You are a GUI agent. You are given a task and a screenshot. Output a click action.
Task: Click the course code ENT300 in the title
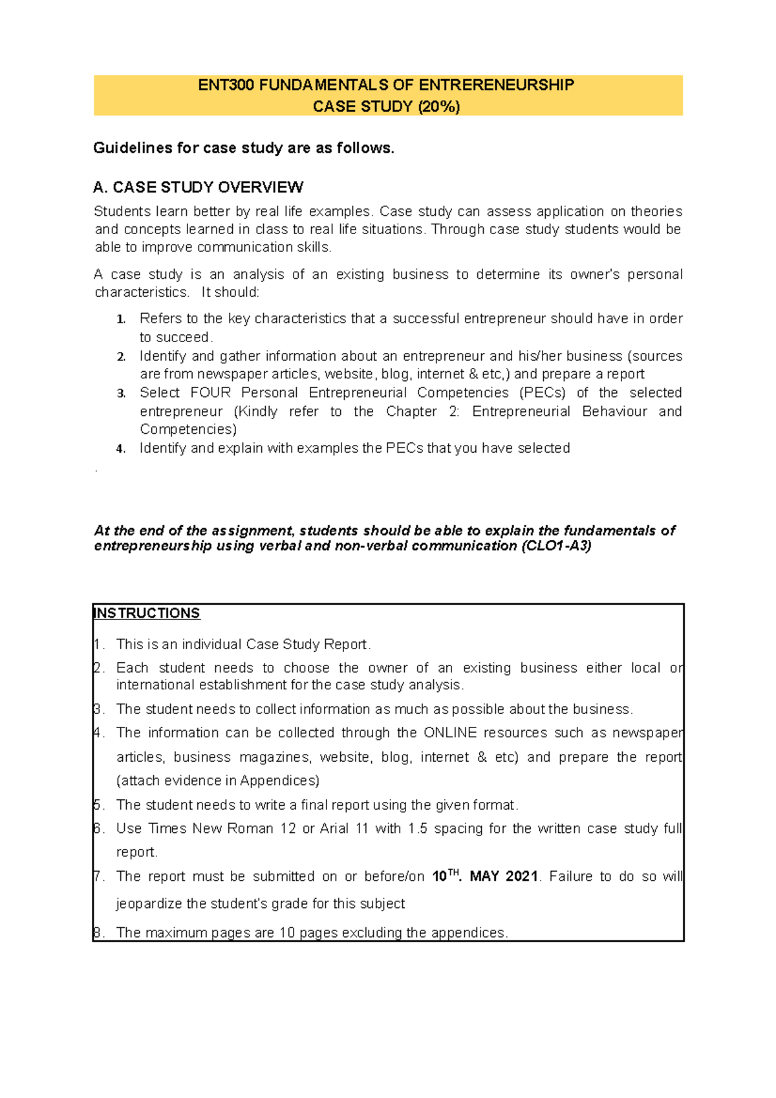(x=226, y=85)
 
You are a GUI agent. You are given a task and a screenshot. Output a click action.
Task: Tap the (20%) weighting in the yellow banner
(x=439, y=107)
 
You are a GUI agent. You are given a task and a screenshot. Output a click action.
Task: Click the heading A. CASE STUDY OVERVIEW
(x=198, y=188)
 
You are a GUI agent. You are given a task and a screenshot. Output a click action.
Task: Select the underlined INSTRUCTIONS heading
(x=147, y=613)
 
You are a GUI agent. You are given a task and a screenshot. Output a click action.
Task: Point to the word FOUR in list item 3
(x=210, y=393)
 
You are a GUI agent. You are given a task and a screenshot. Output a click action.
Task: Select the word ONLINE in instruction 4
(x=450, y=733)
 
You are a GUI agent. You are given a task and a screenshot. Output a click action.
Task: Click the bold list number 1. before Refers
(x=121, y=319)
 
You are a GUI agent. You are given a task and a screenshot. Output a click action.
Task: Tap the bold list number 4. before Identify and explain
(x=121, y=449)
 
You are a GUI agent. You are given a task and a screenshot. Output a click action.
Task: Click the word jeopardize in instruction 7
(x=149, y=903)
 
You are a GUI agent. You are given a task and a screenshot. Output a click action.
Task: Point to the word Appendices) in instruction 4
(x=279, y=780)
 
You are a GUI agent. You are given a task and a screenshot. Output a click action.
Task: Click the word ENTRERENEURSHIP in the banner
(x=496, y=85)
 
